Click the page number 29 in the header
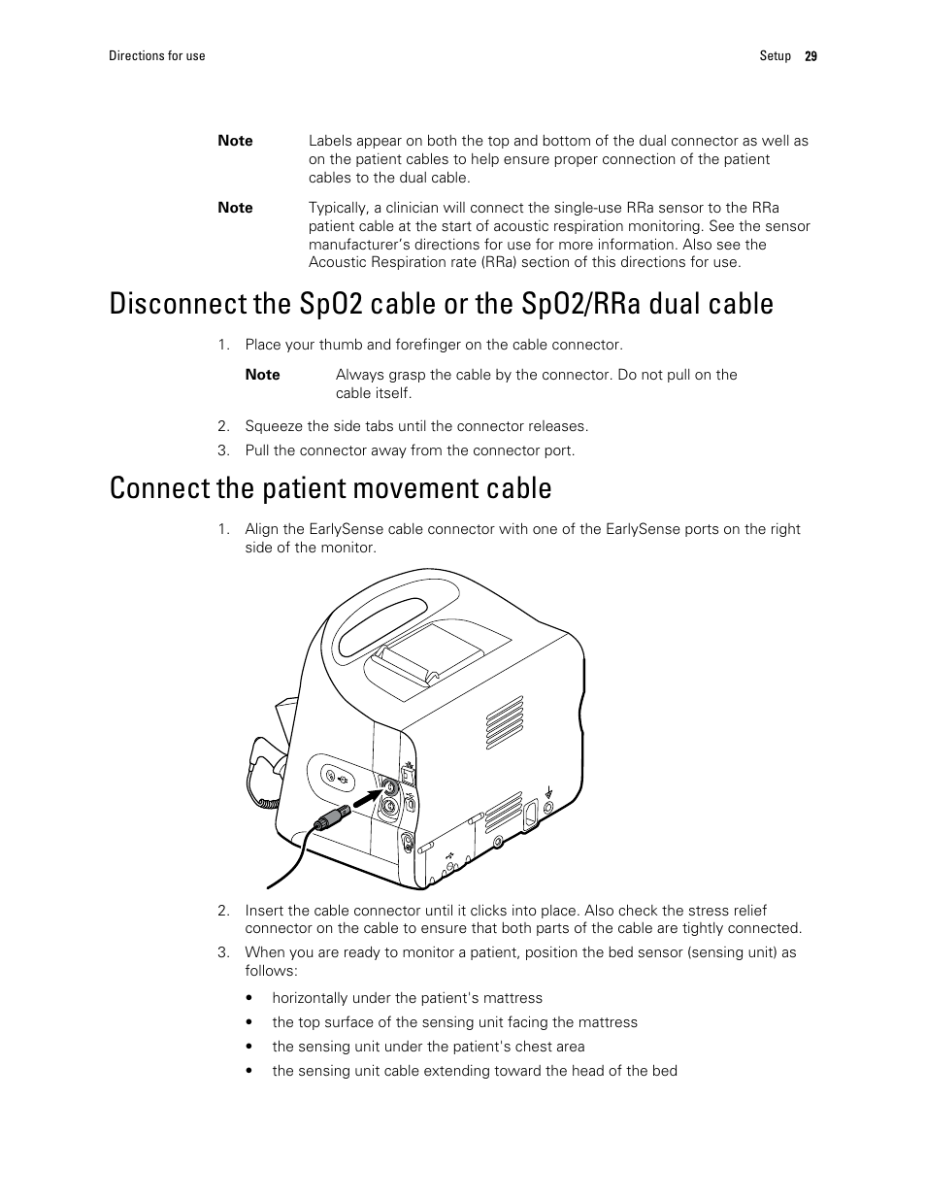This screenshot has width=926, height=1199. (810, 56)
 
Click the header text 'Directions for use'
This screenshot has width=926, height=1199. (156, 56)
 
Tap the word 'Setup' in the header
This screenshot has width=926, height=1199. (775, 56)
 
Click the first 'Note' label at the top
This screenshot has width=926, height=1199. (235, 141)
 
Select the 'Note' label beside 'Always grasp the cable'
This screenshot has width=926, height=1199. (262, 375)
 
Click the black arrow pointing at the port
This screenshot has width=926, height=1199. (362, 799)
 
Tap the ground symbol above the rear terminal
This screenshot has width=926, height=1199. (549, 791)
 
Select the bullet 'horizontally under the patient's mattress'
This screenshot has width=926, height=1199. (407, 998)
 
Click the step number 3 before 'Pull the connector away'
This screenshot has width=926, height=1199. (223, 450)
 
